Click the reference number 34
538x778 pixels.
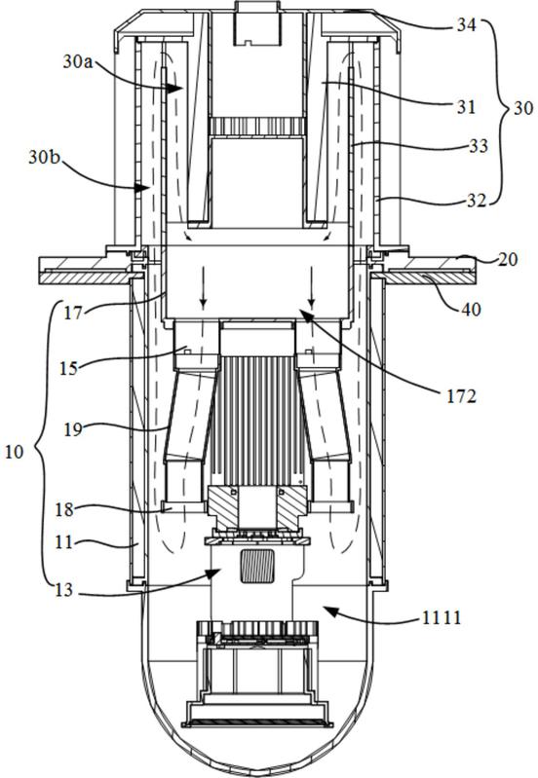click(467, 24)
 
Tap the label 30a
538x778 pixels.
click(78, 61)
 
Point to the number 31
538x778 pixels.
click(466, 106)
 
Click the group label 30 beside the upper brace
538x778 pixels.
click(523, 108)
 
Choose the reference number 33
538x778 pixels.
click(479, 146)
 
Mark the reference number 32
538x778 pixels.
click(477, 201)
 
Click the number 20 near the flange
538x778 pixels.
click(507, 259)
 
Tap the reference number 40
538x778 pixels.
click(471, 309)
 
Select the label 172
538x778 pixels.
click(461, 395)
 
